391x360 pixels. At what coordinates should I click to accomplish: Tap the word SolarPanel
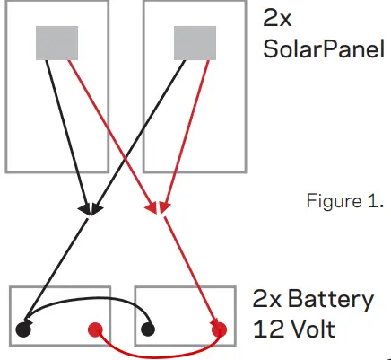point(317,48)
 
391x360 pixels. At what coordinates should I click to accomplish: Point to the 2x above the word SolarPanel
point(278,17)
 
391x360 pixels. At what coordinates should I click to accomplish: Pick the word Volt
point(309,329)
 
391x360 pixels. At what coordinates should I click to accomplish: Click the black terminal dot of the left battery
point(23,329)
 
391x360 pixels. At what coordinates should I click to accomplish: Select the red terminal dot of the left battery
point(94,329)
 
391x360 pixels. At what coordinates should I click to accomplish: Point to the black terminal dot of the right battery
point(149,329)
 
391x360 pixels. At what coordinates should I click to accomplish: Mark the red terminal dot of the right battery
point(219,329)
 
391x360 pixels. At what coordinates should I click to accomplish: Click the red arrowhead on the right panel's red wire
point(163,208)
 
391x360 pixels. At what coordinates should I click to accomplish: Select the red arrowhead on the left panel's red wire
point(151,208)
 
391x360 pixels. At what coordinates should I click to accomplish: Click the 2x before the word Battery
point(269,300)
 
